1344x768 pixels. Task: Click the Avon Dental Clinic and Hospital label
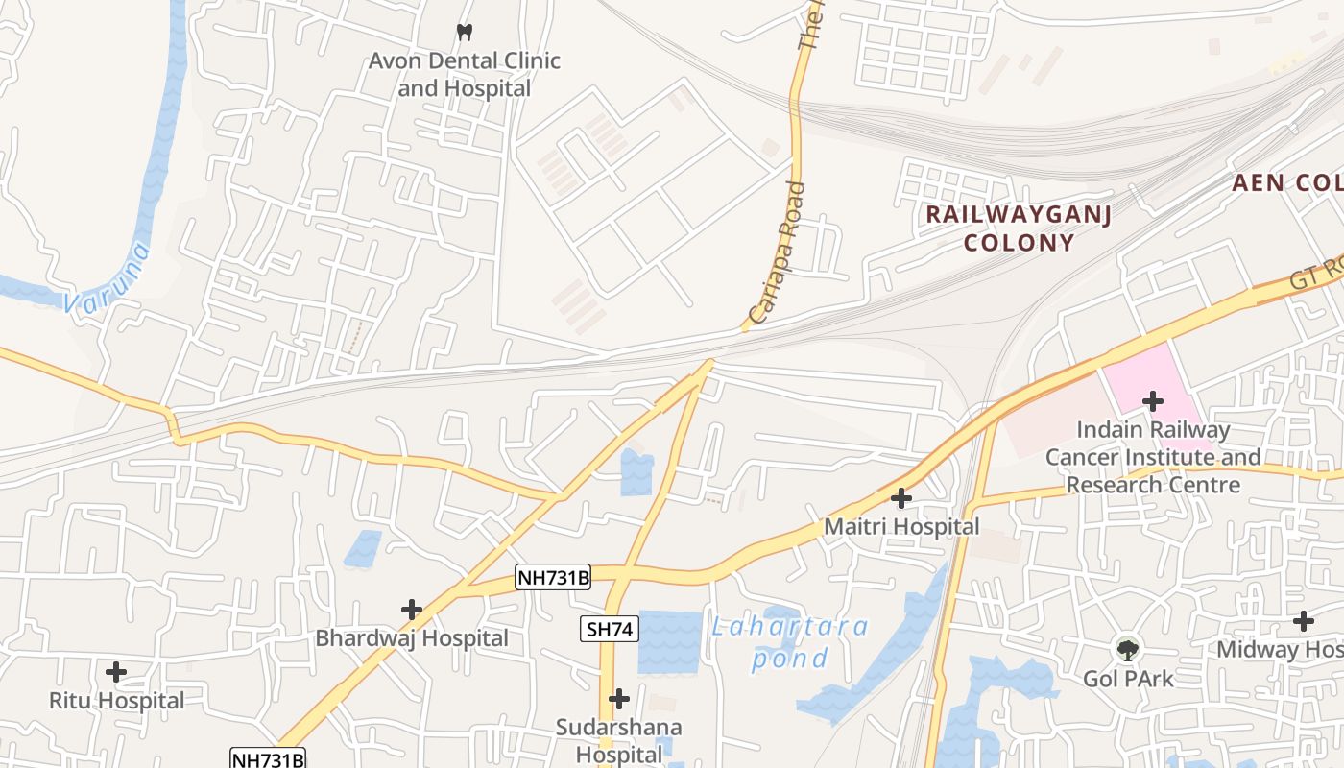(x=465, y=75)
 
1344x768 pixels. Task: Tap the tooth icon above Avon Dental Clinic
(x=465, y=32)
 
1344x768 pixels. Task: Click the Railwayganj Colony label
(x=1019, y=228)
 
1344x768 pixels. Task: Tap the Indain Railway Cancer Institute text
(x=1153, y=457)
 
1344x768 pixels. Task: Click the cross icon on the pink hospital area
(x=1153, y=400)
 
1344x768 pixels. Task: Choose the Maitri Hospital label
(x=901, y=527)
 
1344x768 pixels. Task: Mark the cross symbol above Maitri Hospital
(x=901, y=498)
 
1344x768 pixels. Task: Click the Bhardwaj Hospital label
(x=412, y=638)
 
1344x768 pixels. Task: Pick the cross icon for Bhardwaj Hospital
(x=412, y=610)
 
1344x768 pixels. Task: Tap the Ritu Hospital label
(x=116, y=701)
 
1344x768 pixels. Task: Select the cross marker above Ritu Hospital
(x=116, y=672)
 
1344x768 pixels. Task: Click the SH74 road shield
(x=610, y=630)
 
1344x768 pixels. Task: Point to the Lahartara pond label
(x=790, y=642)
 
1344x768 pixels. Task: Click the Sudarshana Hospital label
(x=619, y=740)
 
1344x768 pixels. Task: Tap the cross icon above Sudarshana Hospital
(x=619, y=698)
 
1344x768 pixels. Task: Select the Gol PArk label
(x=1128, y=679)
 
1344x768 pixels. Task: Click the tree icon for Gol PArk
(x=1128, y=650)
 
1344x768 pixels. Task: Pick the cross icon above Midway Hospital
(x=1303, y=621)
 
